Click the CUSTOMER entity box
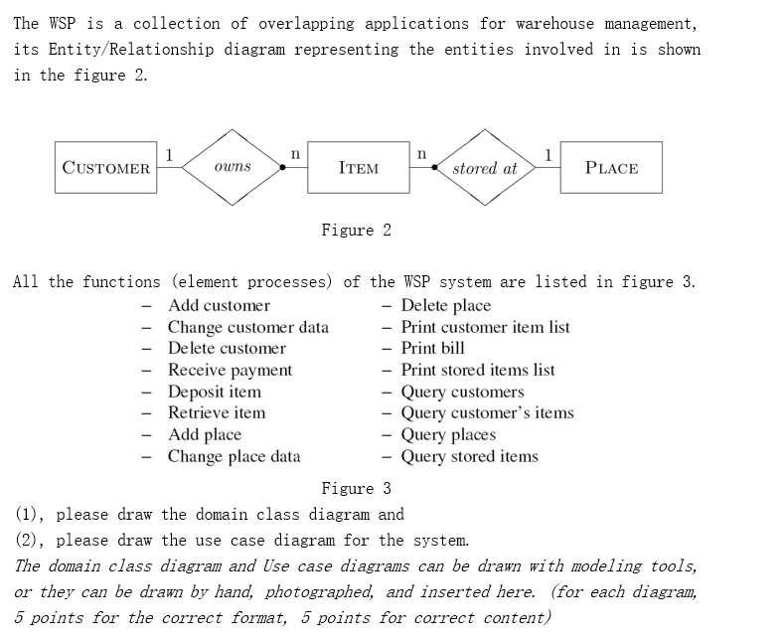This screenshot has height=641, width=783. [x=106, y=168]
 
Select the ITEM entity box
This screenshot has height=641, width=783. [x=358, y=168]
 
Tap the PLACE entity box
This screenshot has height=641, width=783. [x=611, y=168]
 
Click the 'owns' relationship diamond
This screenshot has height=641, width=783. [x=233, y=167]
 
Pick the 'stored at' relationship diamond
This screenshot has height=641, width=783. [x=485, y=168]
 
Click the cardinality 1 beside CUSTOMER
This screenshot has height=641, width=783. [x=170, y=153]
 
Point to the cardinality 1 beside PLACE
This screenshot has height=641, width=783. [x=548, y=153]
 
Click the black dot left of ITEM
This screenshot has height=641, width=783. [x=283, y=168]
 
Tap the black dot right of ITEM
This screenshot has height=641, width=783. [x=433, y=168]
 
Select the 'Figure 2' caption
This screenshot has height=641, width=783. [x=356, y=231]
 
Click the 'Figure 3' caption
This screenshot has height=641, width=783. [x=356, y=488]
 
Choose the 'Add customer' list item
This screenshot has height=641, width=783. [x=219, y=305]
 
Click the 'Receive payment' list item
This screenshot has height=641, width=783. [x=230, y=370]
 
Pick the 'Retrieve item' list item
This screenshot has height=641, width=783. [x=216, y=412]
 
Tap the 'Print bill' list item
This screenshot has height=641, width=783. [x=432, y=348]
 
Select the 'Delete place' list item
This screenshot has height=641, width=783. [x=445, y=305]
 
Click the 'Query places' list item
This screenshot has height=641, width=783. [x=447, y=434]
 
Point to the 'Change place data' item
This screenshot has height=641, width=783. [x=234, y=456]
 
